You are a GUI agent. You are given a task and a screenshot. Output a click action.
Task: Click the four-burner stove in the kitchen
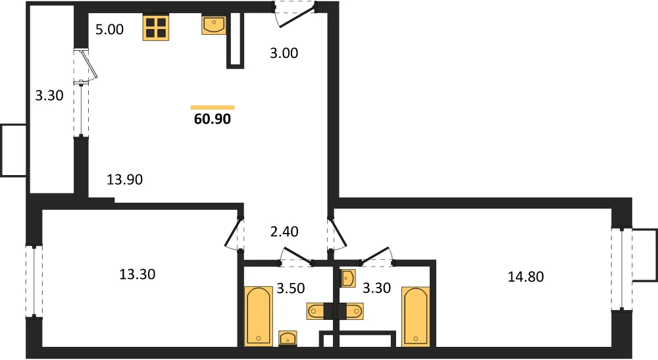pos(156,28)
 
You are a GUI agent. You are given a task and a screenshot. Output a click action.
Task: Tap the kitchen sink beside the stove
pos(214,25)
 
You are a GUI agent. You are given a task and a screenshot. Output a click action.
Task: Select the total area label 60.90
pos(213,119)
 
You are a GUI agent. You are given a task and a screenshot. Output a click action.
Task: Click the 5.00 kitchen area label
pos(109,30)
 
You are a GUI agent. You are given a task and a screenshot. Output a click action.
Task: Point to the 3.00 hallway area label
pos(284,53)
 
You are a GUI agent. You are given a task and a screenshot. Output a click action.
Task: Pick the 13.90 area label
pos(124,180)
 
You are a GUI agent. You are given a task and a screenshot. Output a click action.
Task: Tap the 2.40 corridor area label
pos(284,232)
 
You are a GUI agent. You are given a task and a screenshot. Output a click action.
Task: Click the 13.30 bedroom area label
pos(138,274)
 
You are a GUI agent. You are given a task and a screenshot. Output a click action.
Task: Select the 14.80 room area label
pos(526,277)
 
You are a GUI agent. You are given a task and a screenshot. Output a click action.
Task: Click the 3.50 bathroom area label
pos(291,289)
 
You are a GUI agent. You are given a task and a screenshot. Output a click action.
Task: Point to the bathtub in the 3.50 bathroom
pos(259,317)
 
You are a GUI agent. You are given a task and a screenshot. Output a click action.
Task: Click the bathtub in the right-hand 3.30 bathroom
pos(415,317)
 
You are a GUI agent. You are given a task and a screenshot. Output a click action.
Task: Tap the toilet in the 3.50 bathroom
pos(320,311)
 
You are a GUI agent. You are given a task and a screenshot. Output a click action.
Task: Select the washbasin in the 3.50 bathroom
pos(288,338)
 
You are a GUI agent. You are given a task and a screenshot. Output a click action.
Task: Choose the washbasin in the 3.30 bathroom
pos(348,278)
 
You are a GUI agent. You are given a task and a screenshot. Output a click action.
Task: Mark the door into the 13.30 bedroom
pos(234,233)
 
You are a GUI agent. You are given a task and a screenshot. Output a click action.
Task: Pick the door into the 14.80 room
pos(337,233)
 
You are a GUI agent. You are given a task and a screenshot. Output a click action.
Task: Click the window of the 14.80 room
pos(622,269)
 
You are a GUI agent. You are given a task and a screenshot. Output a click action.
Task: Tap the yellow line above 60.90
pos(213,108)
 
